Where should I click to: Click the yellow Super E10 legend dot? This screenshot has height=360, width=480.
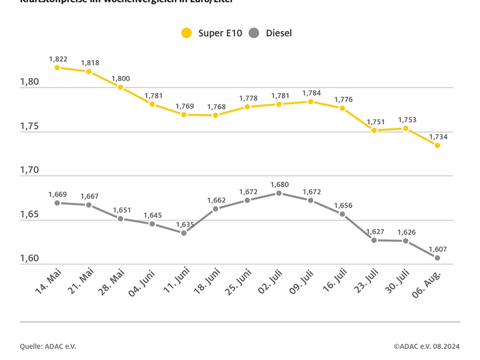(187, 34)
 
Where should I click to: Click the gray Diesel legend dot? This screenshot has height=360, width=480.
(254, 34)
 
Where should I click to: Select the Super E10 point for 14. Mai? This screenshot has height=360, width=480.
(57, 68)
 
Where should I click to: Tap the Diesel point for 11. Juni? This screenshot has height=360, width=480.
(184, 233)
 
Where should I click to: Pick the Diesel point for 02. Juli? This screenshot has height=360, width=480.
(279, 193)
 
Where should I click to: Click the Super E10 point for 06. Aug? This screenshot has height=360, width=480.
(437, 145)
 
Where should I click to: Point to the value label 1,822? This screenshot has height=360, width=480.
(58, 59)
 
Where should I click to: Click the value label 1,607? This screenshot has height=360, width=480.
(437, 249)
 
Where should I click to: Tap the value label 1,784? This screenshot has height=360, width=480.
(311, 93)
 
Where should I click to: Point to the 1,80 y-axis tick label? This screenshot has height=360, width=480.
(29, 82)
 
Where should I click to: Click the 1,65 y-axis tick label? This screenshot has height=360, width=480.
(29, 214)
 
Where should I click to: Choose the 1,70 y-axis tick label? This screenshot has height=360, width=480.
(29, 170)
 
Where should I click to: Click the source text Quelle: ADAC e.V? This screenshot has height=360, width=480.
(48, 346)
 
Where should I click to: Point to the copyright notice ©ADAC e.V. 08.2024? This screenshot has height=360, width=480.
(427, 346)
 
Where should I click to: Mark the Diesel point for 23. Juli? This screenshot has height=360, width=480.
(374, 240)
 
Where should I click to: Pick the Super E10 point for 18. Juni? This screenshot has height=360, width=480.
(215, 115)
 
